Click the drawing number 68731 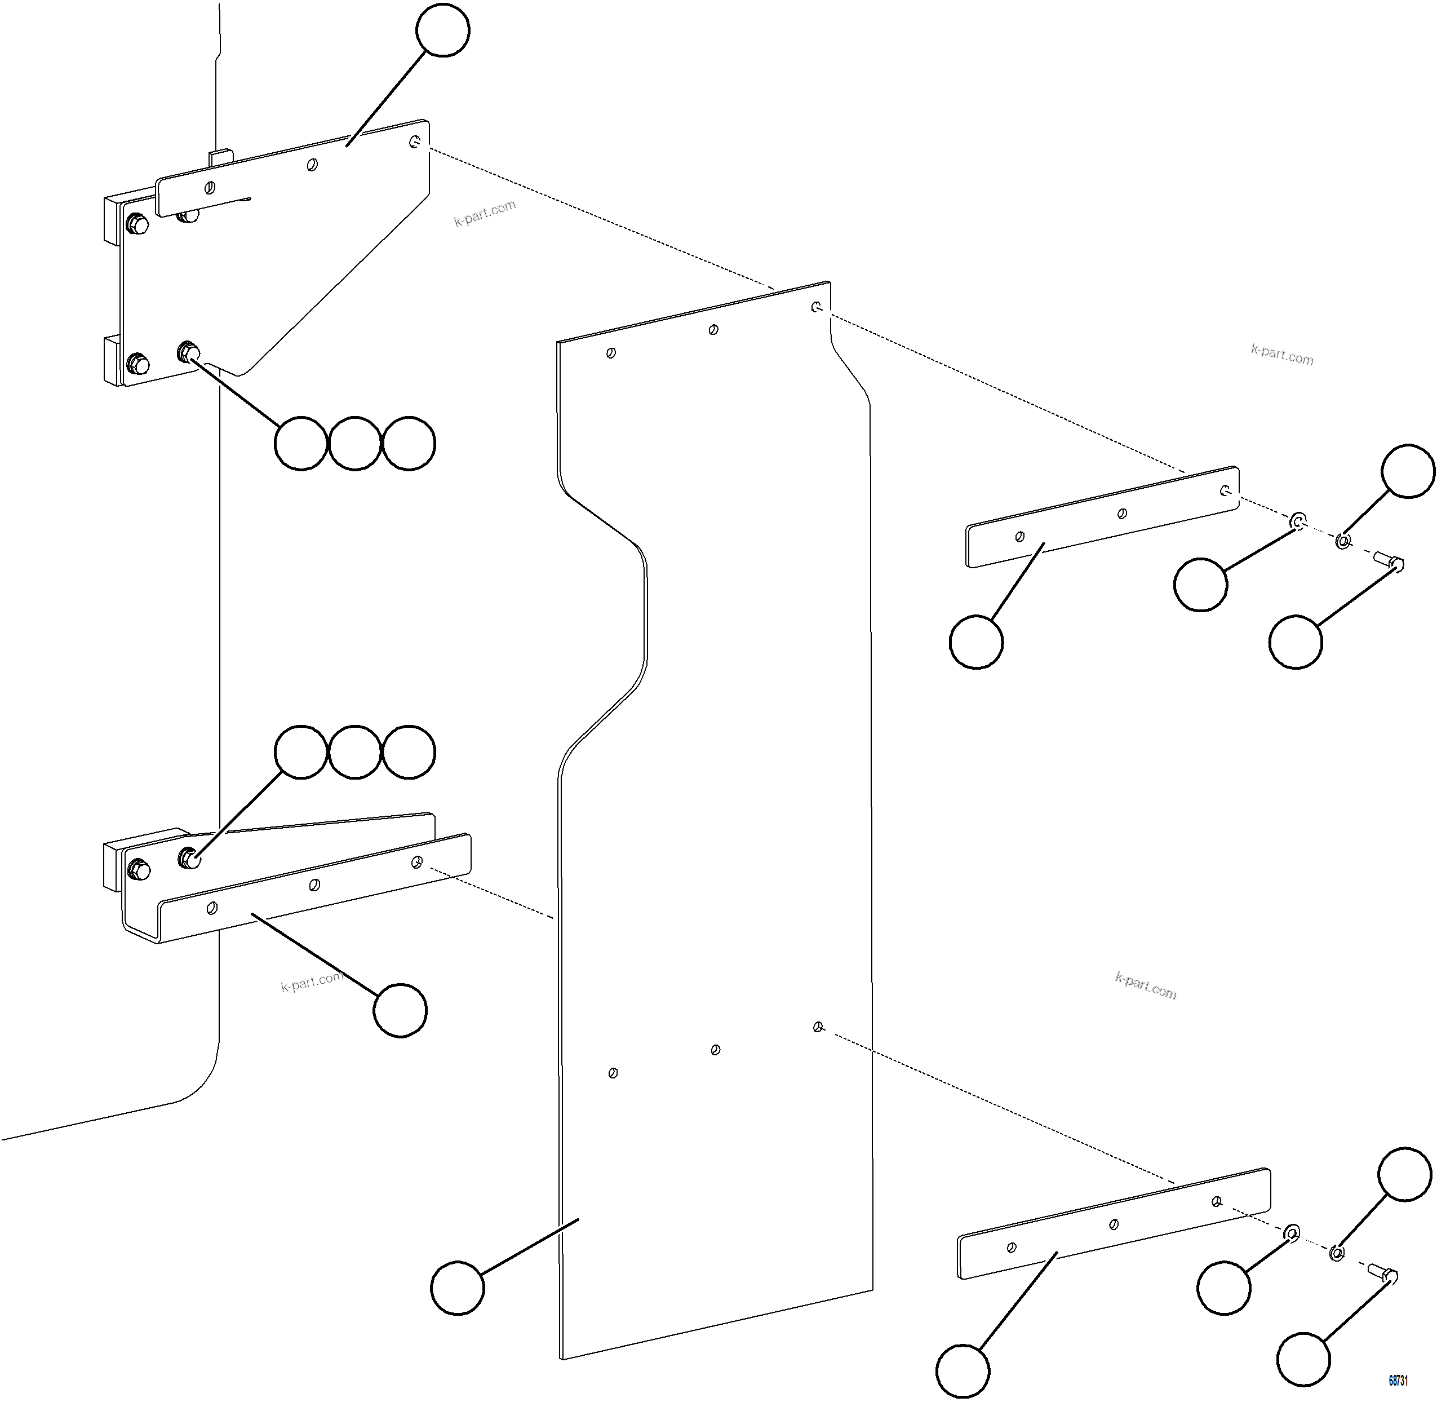point(1398,1380)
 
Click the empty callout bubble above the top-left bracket point(442,30)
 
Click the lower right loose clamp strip point(1112,1224)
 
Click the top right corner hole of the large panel point(815,306)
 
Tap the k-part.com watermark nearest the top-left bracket point(485,213)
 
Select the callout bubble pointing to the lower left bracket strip point(400,1010)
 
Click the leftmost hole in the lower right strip point(1012,1248)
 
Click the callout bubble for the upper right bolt point(1296,642)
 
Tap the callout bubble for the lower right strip point(962,1370)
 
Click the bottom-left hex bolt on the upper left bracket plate point(137,363)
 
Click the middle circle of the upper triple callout point(355,443)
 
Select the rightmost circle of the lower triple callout point(409,752)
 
